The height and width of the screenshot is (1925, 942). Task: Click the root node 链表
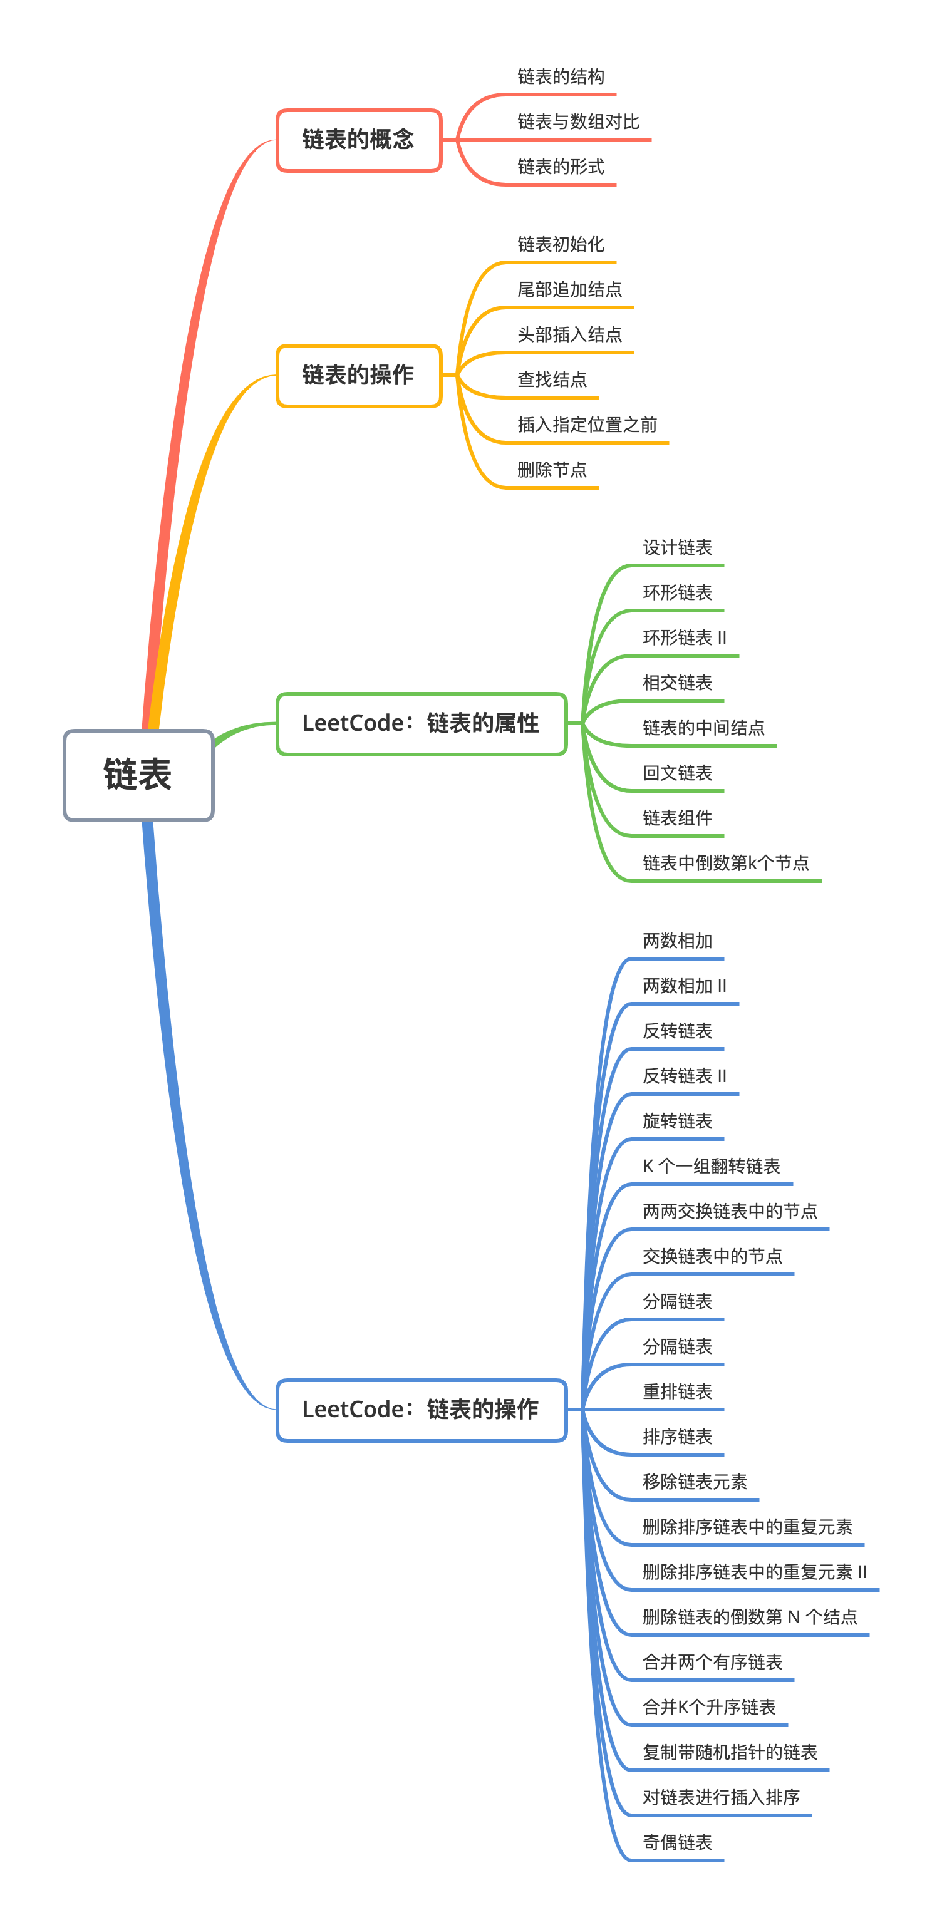[x=138, y=775]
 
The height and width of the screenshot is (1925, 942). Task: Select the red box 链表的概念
[x=358, y=140]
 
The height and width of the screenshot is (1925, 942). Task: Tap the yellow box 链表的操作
[x=358, y=375]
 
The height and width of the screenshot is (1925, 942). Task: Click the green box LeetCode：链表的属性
[x=421, y=723]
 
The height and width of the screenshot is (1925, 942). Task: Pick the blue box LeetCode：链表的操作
[x=421, y=1410]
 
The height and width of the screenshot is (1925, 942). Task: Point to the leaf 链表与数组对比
[x=578, y=122]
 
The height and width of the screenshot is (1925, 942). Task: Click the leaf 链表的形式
[x=561, y=167]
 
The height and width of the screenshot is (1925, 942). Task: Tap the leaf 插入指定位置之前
[x=587, y=425]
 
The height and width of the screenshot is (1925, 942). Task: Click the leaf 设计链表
[x=677, y=548]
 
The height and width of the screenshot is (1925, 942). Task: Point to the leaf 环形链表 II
[x=684, y=638]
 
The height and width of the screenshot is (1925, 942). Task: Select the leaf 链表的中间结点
[x=703, y=728]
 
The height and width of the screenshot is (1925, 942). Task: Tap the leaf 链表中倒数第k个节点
[x=725, y=863]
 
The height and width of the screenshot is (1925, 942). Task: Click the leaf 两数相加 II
[x=684, y=986]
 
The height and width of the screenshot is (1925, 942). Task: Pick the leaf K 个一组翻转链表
[x=711, y=1167]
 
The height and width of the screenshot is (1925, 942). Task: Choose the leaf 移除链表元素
[x=695, y=1482]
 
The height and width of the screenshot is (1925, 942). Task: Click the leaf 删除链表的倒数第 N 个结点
[x=749, y=1617]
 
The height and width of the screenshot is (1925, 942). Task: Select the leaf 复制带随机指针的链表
[x=730, y=1752]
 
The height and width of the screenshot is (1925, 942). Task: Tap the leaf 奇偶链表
[x=677, y=1843]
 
